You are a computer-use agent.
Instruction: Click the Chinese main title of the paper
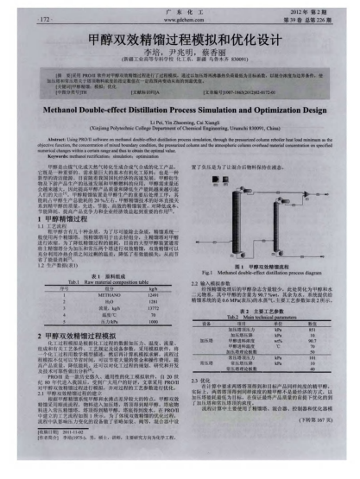coord(180,40)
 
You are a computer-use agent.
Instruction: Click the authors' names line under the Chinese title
coord(180,55)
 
